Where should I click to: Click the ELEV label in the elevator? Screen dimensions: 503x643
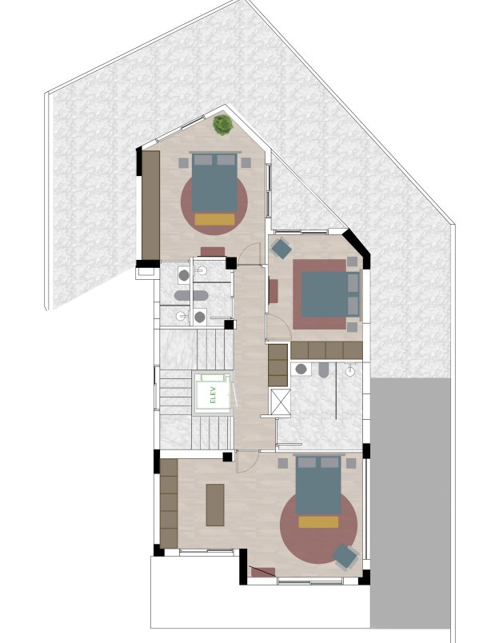pyautogui.click(x=213, y=394)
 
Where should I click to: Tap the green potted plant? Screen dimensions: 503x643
pyautogui.click(x=222, y=124)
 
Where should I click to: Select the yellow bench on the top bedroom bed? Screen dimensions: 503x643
pyautogui.click(x=214, y=219)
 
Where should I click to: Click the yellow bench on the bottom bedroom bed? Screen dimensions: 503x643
pyautogui.click(x=318, y=522)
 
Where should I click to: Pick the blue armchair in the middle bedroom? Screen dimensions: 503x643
pyautogui.click(x=281, y=249)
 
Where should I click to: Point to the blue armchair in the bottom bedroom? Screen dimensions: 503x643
pyautogui.click(x=345, y=556)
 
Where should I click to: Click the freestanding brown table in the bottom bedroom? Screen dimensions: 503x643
pyautogui.click(x=215, y=505)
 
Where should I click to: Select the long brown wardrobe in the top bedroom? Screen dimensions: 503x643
pyautogui.click(x=150, y=205)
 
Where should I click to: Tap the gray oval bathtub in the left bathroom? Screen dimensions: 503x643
pyautogui.click(x=191, y=295)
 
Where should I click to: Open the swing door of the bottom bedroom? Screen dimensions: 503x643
pyautogui.click(x=247, y=461)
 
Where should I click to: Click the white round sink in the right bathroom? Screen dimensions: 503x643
pyautogui.click(x=349, y=371)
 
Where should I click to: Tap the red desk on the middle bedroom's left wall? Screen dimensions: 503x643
pyautogui.click(x=273, y=291)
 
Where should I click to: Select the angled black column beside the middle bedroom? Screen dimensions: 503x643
pyautogui.click(x=357, y=247)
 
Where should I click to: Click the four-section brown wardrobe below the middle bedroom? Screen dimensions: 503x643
pyautogui.click(x=327, y=350)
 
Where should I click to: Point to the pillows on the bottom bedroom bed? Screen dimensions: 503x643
pyautogui.click(x=318, y=462)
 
